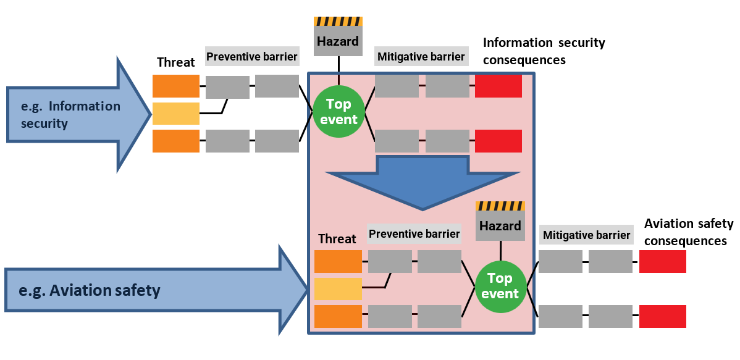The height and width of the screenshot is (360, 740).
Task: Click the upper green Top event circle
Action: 338,112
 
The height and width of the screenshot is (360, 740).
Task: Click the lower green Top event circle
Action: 500,287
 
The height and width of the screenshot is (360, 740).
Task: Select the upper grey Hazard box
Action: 338,41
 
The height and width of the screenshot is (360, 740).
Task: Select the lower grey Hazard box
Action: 500,226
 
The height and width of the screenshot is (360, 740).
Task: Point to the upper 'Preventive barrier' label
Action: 251,57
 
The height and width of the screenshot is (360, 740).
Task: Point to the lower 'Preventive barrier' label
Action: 414,234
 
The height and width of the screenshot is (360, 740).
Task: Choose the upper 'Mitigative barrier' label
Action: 421,57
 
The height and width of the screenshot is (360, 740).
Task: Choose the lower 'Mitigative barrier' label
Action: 586,235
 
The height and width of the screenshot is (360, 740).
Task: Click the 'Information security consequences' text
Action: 544,51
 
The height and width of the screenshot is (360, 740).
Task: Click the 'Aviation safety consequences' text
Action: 688,232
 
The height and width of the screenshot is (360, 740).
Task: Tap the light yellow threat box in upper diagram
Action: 176,114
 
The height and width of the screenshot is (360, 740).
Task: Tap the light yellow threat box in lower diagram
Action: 338,289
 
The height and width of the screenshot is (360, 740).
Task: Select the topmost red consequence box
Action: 498,86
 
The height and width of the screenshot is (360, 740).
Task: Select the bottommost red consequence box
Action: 662,316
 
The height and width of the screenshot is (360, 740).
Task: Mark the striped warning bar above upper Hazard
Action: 338,22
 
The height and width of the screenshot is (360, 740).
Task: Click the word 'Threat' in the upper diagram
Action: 176,62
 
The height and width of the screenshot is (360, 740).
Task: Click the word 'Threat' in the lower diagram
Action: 337,239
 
